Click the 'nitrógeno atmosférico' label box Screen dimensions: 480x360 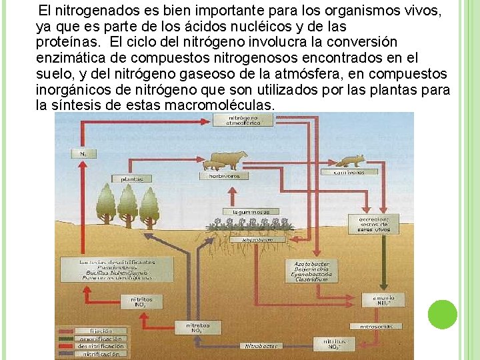pyautogui.click(x=234, y=119)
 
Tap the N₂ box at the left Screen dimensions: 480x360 pyautogui.click(x=83, y=153)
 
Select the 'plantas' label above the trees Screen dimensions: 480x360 pyautogui.click(x=132, y=179)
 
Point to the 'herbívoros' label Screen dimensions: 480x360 pyautogui.click(x=223, y=176)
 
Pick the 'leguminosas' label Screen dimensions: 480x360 pyautogui.click(x=251, y=211)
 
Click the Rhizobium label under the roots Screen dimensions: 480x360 pyautogui.click(x=257, y=239)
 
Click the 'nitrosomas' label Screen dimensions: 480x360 pyautogui.click(x=381, y=327)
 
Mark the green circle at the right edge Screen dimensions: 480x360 pyautogui.click(x=443, y=315)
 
